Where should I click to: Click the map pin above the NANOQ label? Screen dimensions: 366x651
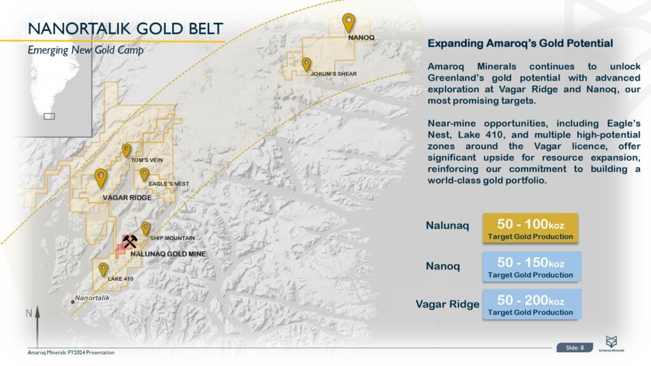pyautogui.click(x=348, y=22)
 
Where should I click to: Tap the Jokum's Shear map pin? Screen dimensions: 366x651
pyautogui.click(x=306, y=64)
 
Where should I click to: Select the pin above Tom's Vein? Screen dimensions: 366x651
pyautogui.click(x=127, y=150)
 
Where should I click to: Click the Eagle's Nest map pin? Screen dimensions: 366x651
pyautogui.click(x=144, y=174)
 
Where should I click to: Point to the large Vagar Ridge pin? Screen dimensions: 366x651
pyautogui.click(x=100, y=178)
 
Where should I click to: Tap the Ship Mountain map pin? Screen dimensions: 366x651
pyautogui.click(x=146, y=228)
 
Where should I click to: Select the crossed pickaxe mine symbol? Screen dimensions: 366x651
pyautogui.click(x=130, y=241)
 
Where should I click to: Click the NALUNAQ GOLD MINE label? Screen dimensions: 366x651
pyautogui.click(x=168, y=254)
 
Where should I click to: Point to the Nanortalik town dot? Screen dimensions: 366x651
pyautogui.click(x=73, y=302)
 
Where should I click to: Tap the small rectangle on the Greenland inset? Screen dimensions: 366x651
pyautogui.click(x=49, y=116)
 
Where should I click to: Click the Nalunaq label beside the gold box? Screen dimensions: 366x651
pyautogui.click(x=448, y=226)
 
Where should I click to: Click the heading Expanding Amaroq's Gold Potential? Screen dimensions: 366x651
pyautogui.click(x=520, y=44)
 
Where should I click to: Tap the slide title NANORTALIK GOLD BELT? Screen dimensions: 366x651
pyautogui.click(x=125, y=29)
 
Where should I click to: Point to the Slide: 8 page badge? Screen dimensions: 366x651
pyautogui.click(x=575, y=348)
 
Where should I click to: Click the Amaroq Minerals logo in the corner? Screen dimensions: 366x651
pyautogui.click(x=615, y=344)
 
